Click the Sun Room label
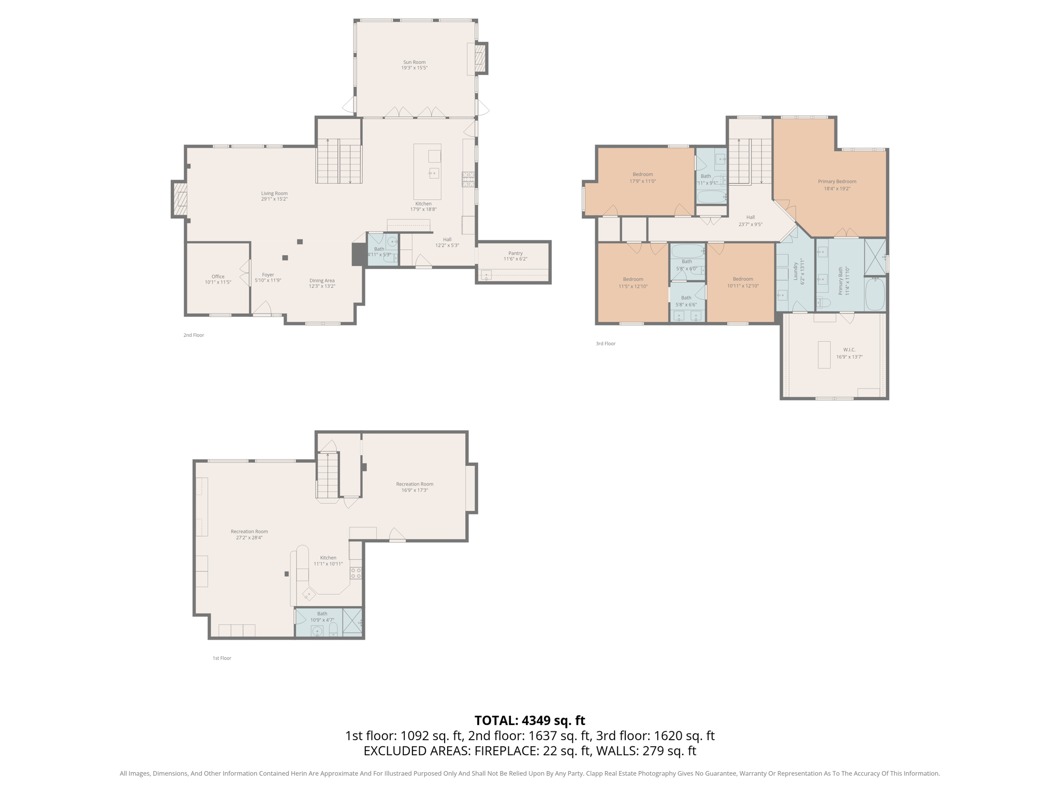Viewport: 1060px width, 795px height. coord(414,62)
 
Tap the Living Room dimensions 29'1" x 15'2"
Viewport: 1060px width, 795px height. coord(274,199)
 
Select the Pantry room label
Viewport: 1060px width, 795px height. coord(515,253)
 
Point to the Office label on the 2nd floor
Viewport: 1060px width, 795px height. coord(218,276)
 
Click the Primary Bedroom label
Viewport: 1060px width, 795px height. coord(837,182)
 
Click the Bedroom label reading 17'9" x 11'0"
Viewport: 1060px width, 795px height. coord(642,174)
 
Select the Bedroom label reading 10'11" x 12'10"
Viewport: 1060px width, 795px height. coord(742,279)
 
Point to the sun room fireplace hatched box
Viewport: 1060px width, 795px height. coord(481,58)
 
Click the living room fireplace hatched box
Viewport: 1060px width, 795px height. coord(180,199)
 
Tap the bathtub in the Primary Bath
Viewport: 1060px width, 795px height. coord(875,294)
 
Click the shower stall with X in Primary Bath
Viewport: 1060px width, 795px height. coord(875,257)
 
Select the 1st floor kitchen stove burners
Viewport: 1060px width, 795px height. coord(356,573)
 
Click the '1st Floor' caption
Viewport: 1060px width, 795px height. coord(222,658)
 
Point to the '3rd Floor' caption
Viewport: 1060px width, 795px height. coord(605,344)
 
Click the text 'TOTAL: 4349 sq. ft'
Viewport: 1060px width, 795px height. coord(529,720)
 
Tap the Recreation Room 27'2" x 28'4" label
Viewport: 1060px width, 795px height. coord(249,532)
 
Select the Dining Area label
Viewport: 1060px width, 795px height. coord(322,281)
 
